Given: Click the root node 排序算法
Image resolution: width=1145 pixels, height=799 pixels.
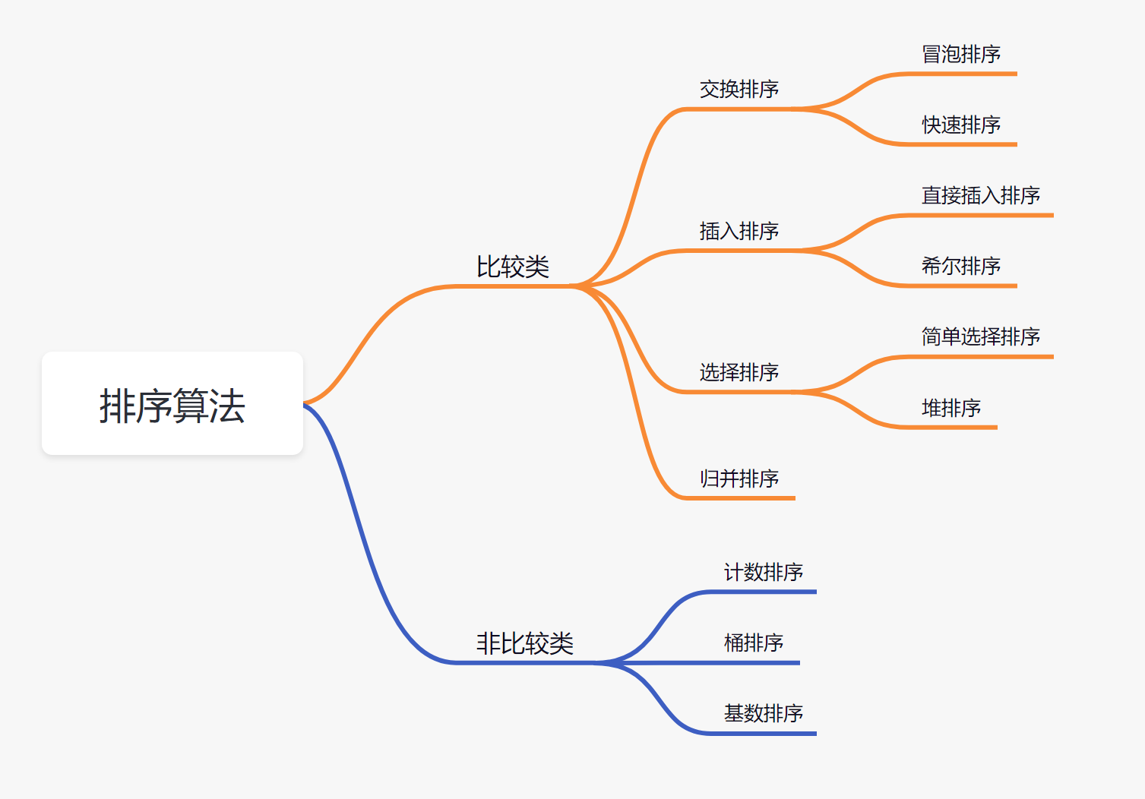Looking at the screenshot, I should coord(172,404).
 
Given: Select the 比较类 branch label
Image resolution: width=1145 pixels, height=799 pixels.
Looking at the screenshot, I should coord(513,267).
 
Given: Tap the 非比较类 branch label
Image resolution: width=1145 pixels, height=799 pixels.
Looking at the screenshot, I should coord(525,643).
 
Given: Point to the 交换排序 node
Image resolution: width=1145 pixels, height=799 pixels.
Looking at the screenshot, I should coord(739,89).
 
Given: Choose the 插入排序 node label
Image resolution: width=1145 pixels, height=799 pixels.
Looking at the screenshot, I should coord(739,230).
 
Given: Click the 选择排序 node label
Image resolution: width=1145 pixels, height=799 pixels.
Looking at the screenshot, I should coord(739,372).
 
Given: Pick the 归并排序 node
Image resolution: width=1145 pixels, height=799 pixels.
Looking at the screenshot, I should coord(739,478).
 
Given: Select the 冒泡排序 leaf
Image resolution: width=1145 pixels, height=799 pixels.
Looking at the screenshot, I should coord(961,54).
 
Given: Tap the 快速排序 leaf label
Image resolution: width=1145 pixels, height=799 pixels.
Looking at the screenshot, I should coord(961,125).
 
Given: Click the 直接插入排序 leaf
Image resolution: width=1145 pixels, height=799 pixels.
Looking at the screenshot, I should coord(981,195).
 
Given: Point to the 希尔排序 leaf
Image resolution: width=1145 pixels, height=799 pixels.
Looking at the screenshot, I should coord(961,266).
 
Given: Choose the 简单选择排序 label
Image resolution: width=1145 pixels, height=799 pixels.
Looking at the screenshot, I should coord(981,336).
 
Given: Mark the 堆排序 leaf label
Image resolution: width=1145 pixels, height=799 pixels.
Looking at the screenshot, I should coord(951,408).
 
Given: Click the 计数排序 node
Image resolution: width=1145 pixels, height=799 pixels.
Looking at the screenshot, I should coord(764,572).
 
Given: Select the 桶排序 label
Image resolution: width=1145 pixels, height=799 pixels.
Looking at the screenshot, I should coord(754,643).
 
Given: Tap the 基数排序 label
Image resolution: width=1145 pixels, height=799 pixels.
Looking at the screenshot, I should coord(764,713).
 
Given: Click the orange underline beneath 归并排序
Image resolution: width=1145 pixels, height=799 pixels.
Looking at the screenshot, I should coord(741,498).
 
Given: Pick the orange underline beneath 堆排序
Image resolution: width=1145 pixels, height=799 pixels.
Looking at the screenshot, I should coord(950,428).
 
